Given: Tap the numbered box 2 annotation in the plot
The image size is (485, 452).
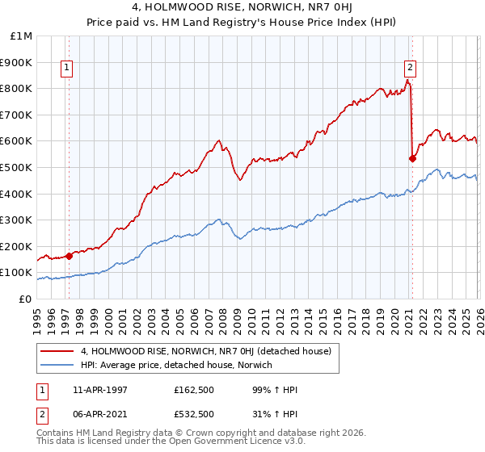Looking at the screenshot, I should [411, 69].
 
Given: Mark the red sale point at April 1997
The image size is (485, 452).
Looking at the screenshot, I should [70, 256].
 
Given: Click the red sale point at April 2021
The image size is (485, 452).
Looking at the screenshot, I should [412, 158].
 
